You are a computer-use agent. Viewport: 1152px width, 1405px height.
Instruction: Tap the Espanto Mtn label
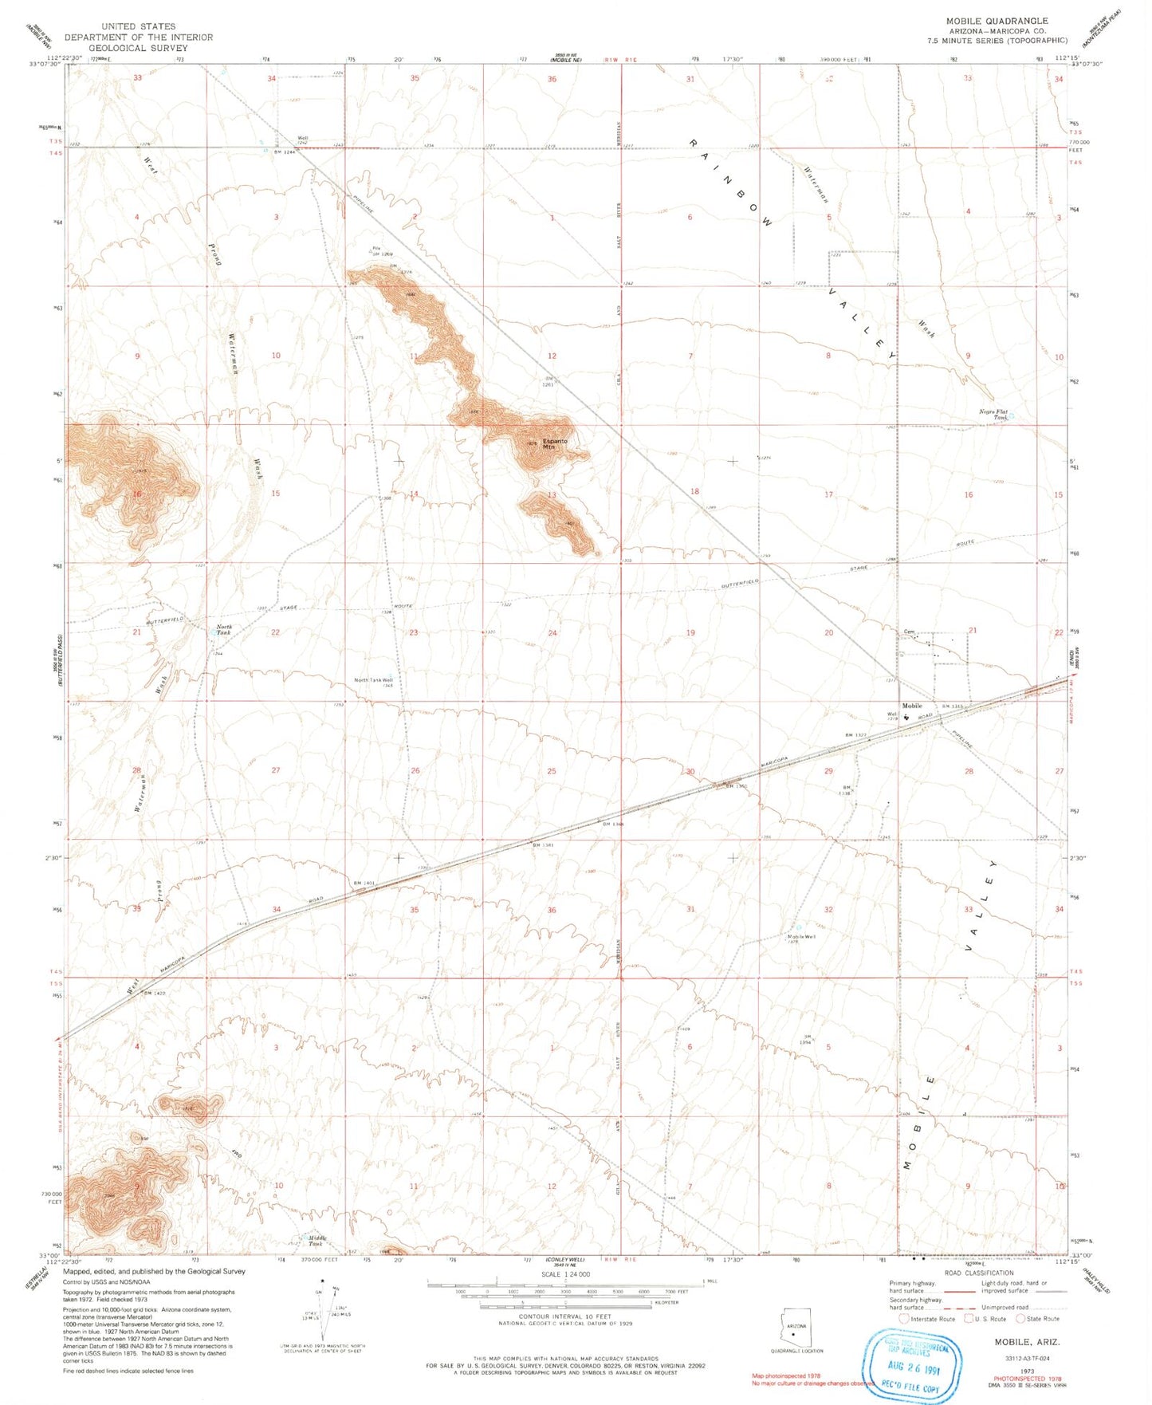point(555,443)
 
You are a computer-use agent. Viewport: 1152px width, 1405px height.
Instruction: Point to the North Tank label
point(224,629)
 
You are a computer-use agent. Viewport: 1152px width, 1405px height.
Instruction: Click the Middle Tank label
point(317,1241)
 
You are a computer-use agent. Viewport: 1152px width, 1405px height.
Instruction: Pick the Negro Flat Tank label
point(993,414)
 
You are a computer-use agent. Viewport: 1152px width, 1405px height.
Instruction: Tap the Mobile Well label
point(801,938)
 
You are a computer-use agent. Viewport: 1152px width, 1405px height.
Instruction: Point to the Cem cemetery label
point(909,632)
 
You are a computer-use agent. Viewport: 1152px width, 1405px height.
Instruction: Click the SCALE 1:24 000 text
point(566,1274)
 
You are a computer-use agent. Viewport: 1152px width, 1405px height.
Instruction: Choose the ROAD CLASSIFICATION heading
point(978,1273)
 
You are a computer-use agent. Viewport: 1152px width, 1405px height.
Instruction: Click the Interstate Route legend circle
point(903,1319)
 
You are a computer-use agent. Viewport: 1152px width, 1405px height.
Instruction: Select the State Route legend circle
point(1020,1319)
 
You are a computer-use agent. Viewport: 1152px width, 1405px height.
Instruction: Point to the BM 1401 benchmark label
point(364,883)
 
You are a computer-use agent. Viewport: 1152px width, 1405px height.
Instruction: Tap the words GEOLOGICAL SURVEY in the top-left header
point(139,48)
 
